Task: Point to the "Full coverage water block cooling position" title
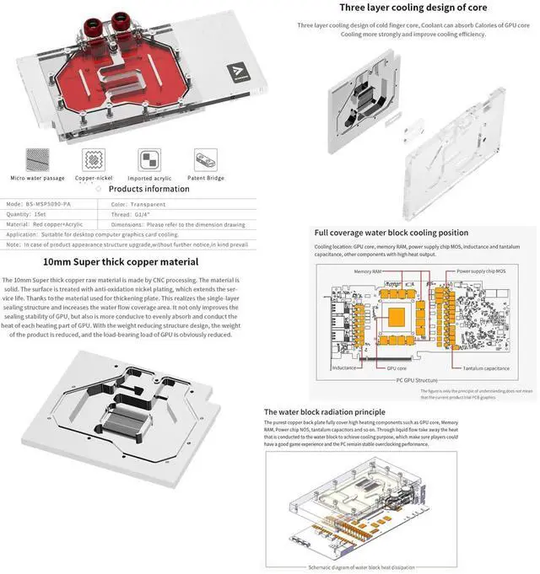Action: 391,233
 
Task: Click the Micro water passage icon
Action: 36,160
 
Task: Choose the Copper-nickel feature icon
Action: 93,160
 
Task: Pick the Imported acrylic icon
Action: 149,160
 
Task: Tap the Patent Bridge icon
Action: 205,160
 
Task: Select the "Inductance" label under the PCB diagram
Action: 344,368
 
